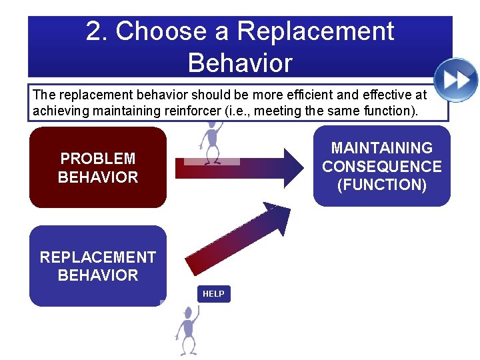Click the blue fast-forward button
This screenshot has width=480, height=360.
456,80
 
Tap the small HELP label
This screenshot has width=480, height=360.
213,294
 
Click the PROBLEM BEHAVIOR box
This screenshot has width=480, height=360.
98,168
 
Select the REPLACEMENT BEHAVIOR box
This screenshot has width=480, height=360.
98,266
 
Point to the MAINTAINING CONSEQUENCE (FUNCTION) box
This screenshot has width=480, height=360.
382,167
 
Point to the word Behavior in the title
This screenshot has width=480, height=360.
240,63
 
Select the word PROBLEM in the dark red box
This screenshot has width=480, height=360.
98,159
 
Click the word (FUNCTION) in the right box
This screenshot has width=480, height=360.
382,185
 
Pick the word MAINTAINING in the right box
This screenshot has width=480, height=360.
382,148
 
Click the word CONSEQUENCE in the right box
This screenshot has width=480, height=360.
382,166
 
